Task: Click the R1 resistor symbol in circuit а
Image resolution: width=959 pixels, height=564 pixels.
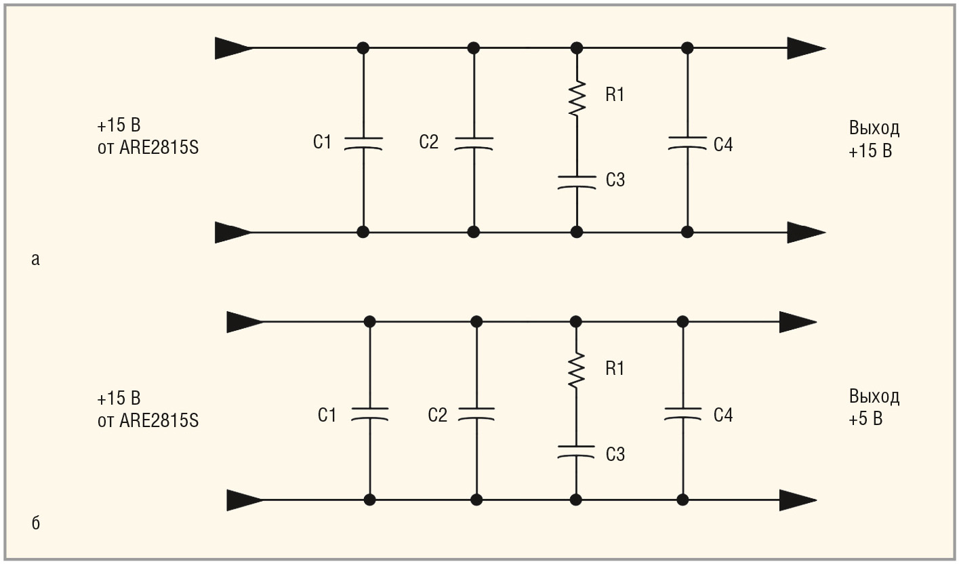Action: (x=577, y=98)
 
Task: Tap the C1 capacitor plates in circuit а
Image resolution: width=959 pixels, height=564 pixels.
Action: (x=363, y=142)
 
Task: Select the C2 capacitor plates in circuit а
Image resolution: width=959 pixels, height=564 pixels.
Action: (x=474, y=142)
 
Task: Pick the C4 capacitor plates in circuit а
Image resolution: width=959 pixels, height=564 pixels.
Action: (x=687, y=142)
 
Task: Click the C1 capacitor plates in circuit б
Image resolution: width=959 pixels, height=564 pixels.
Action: (x=369, y=414)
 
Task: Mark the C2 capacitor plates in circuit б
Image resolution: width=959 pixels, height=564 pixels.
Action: (x=476, y=414)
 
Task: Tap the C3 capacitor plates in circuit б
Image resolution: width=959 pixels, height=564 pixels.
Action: (x=576, y=452)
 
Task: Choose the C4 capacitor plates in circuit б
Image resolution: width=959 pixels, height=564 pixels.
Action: (x=682, y=414)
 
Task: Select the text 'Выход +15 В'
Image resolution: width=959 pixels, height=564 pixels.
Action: (x=874, y=140)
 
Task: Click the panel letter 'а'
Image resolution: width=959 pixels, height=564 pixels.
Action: (x=36, y=259)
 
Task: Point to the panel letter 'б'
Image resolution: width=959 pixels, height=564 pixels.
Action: (x=36, y=523)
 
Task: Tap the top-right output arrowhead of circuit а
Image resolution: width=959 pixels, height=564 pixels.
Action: (x=806, y=48)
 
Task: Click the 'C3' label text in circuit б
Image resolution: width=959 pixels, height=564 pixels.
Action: (x=615, y=454)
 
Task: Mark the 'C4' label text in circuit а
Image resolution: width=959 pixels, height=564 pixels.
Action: (x=723, y=144)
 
